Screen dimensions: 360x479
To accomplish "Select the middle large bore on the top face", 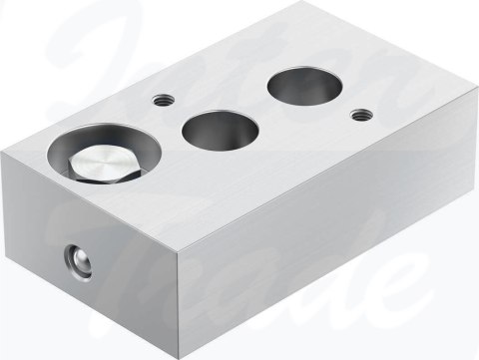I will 221,130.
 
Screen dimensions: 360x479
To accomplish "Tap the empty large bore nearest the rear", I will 302,86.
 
